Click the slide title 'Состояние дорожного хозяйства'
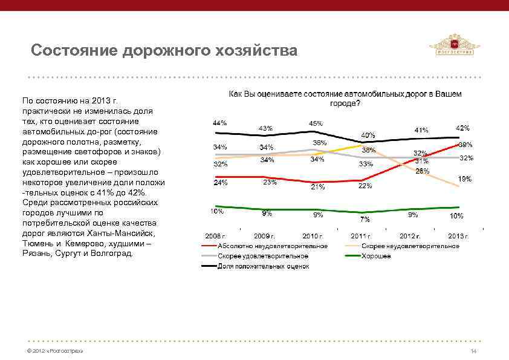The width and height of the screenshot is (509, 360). pyautogui.click(x=164, y=50)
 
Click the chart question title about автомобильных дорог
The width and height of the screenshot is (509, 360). pyautogui.click(x=345, y=99)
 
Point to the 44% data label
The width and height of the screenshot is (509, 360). pyautogui.click(x=219, y=123)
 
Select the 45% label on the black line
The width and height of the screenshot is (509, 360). pyautogui.click(x=316, y=123)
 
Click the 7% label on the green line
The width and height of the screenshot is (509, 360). pyautogui.click(x=365, y=218)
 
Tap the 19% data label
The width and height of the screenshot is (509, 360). pyautogui.click(x=464, y=179)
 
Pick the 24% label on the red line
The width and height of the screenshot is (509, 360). pyautogui.click(x=220, y=182)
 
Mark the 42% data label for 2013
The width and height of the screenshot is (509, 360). pyautogui.click(x=462, y=128)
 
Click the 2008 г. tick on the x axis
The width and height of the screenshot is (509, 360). pyautogui.click(x=215, y=235)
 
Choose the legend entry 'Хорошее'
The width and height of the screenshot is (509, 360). pyautogui.click(x=377, y=256)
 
